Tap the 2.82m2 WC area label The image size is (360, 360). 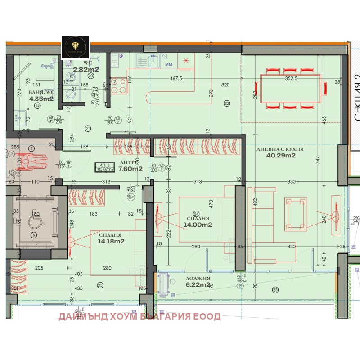point(86,69)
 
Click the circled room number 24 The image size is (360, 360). point(196,213)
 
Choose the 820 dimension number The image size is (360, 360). point(226,85)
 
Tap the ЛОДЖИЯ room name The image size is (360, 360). point(197,279)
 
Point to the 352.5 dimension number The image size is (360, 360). point(291,78)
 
